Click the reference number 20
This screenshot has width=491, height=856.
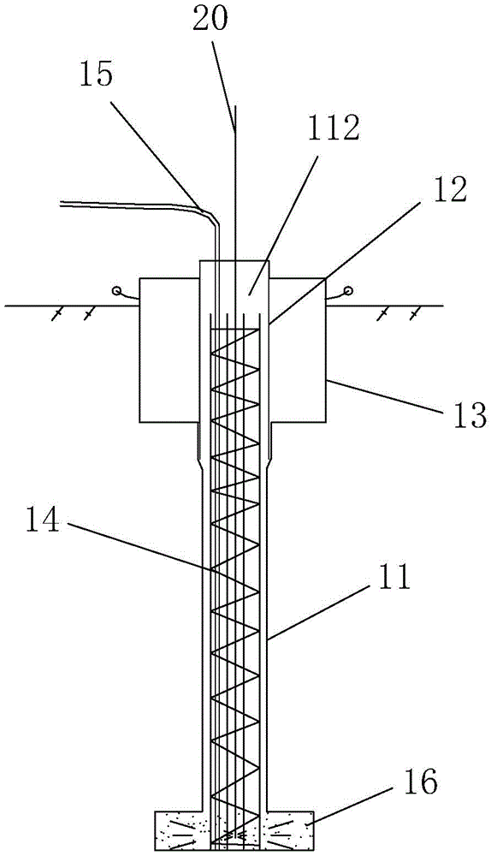click(211, 21)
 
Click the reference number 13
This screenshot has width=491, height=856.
click(466, 415)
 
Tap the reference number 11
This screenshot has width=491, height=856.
click(393, 578)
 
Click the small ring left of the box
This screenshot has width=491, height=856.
click(116, 291)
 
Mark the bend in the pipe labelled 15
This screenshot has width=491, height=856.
click(213, 217)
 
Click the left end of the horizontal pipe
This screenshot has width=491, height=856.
click(60, 205)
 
